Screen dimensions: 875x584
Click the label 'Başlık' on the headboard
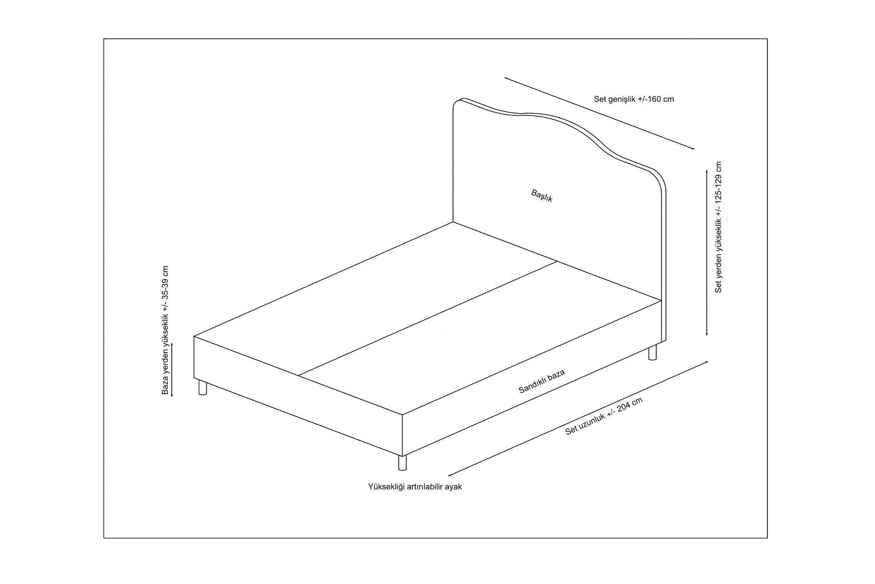pos(542,196)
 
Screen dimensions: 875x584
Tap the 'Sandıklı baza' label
pos(542,381)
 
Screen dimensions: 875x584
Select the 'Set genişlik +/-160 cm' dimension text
pos(633,99)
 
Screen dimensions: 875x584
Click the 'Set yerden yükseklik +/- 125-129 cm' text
pos(719,227)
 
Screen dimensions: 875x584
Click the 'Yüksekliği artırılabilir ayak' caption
pos(415,487)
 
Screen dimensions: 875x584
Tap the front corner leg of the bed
pos(402,463)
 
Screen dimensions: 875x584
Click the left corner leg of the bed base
pos(202,388)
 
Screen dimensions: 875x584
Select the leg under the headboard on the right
pos(653,353)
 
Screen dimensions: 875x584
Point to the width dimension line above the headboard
pos(599,113)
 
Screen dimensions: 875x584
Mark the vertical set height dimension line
pos(706,251)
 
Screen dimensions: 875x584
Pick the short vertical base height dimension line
pos(171,370)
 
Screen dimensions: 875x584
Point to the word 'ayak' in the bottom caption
pos(454,487)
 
